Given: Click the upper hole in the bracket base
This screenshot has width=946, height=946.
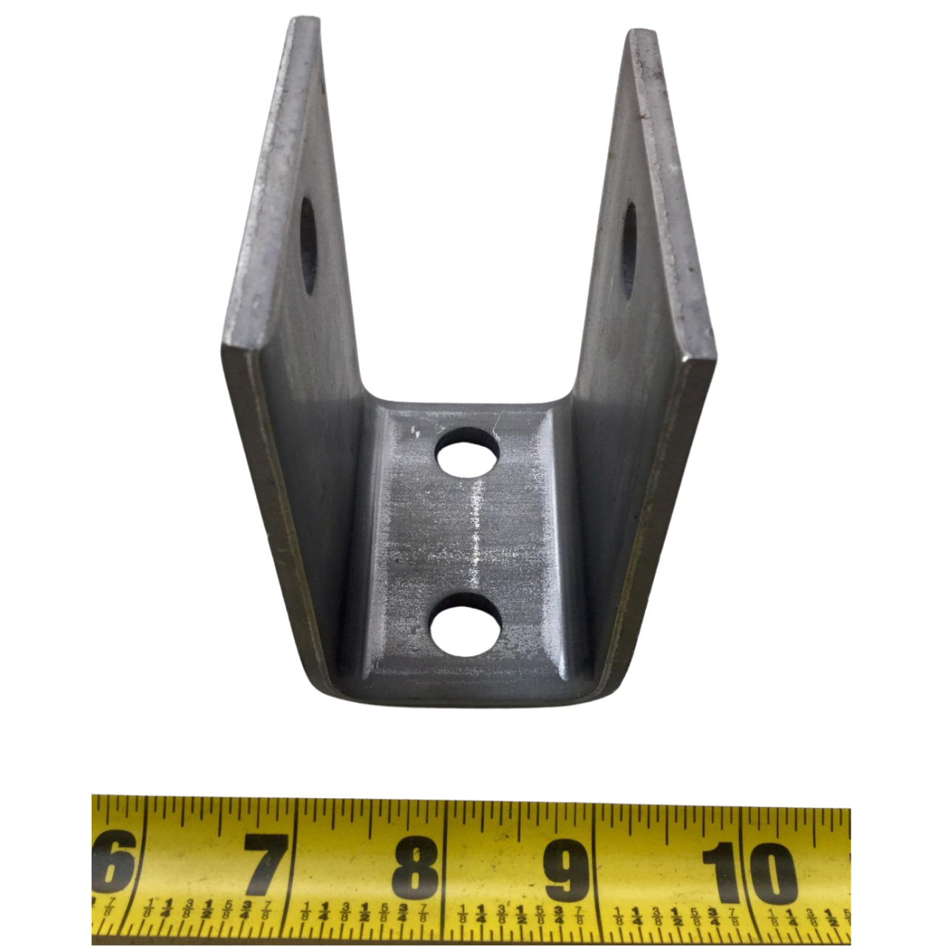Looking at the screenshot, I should click(x=467, y=452).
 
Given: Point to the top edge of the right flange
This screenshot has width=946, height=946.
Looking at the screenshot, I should click(x=640, y=33).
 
